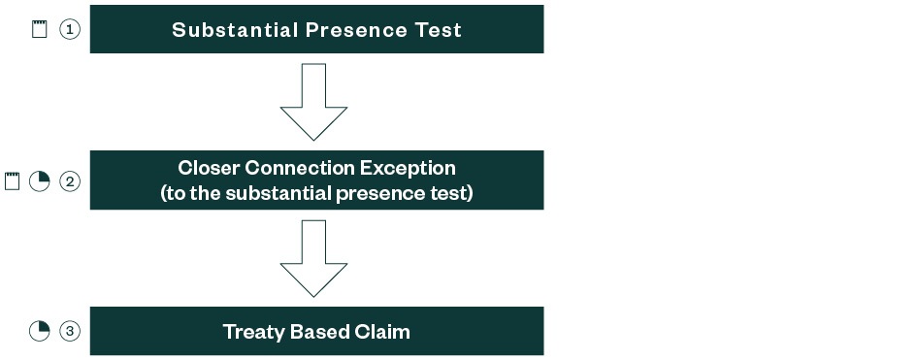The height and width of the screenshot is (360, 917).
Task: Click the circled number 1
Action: tap(69, 29)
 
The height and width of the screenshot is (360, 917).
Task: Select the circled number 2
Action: tap(69, 180)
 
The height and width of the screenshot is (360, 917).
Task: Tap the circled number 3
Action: tap(69, 332)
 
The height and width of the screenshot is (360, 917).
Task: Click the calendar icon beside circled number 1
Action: tap(39, 29)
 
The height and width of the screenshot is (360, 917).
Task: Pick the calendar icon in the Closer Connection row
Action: tap(12, 180)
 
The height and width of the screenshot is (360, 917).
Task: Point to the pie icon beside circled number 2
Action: tap(39, 180)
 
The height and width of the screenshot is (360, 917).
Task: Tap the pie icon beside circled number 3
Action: tap(39, 332)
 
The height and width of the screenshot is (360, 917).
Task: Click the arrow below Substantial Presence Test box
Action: tap(314, 102)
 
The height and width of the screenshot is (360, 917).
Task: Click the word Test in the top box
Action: tap(436, 30)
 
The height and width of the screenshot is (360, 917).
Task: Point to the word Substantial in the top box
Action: tap(233, 30)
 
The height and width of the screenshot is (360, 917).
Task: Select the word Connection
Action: tap(301, 168)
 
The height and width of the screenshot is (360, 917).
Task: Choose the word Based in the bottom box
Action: tap(320, 332)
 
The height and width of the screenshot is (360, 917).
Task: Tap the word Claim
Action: tap(383, 332)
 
